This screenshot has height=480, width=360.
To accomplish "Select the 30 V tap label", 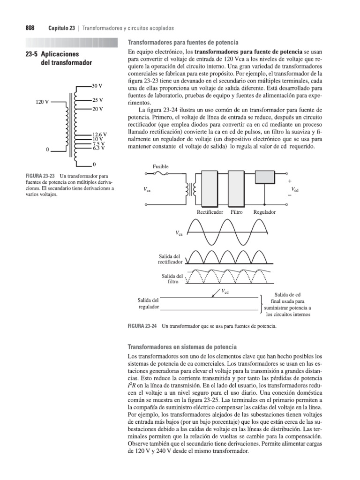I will point(97,87).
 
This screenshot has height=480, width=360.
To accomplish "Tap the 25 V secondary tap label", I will point(97,100).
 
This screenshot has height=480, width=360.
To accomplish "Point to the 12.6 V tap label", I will point(99,135).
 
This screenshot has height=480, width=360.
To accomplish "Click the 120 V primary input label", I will point(43,101).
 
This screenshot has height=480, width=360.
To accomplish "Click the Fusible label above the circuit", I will point(160,166).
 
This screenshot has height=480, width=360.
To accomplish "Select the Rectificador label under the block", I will point(210,212).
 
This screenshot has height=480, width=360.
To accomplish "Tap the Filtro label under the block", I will point(237,212).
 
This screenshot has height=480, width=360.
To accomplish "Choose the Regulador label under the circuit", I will point(264,212).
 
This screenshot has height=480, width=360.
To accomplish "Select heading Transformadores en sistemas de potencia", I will point(182,346).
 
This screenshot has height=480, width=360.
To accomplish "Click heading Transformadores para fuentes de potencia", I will point(183,42).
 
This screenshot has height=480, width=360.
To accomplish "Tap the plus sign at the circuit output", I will point(290,181).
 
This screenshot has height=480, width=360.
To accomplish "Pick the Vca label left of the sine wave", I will point(179,233).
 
